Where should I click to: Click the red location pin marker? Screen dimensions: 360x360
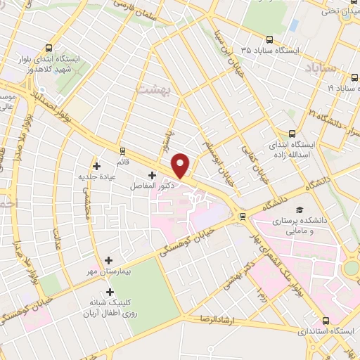181,165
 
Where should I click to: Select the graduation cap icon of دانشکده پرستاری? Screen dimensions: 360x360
300,210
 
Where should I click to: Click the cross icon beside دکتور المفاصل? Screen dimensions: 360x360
153,175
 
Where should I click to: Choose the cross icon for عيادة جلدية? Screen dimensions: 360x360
96,166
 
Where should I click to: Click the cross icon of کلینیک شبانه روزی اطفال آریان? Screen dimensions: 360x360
110,291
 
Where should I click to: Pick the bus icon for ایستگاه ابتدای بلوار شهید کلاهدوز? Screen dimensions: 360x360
48,49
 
